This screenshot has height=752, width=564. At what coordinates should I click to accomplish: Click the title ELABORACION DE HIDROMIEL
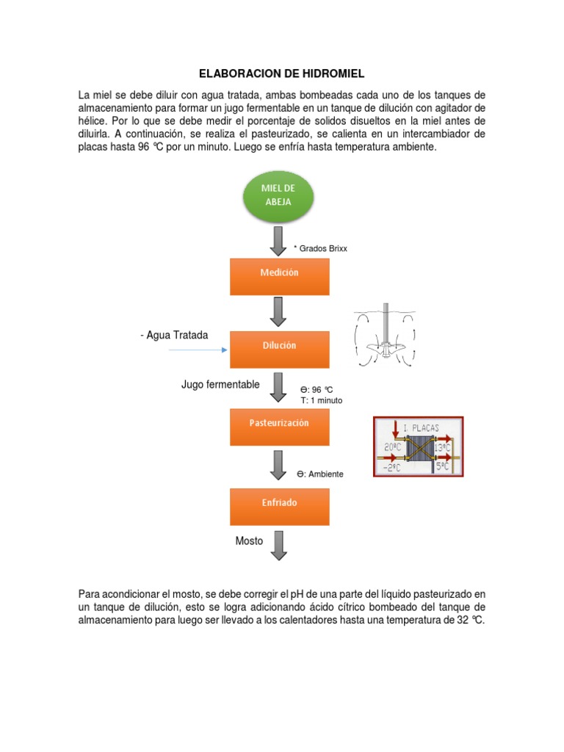pyautogui.click(x=282, y=74)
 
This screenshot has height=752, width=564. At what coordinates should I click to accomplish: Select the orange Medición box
pyautogui.click(x=279, y=272)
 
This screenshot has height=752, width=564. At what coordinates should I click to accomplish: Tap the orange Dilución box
pyautogui.click(x=279, y=344)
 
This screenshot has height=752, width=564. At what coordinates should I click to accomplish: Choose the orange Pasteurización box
pyautogui.click(x=279, y=424)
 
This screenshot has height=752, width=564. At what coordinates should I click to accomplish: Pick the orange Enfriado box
pyautogui.click(x=279, y=504)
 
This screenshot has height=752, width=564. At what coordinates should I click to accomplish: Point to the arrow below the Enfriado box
pyautogui.click(x=279, y=545)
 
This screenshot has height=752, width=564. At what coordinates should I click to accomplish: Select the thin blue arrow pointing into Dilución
pyautogui.click(x=198, y=350)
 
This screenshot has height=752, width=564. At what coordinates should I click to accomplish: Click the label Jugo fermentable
pyautogui.click(x=220, y=384)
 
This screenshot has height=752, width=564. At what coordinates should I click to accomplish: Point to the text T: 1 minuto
pyautogui.click(x=321, y=400)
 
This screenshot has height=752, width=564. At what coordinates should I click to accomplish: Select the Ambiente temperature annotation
pyautogui.click(x=320, y=474)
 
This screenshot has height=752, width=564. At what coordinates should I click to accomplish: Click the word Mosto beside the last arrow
pyautogui.click(x=249, y=540)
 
